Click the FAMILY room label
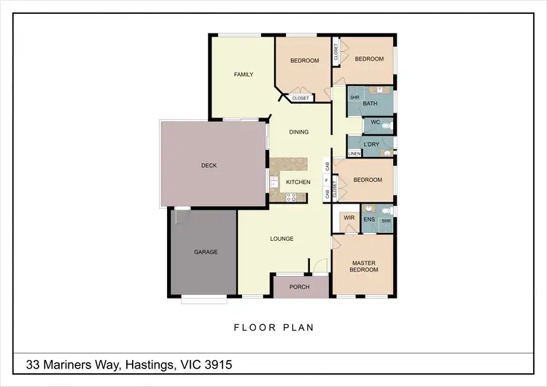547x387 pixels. pyautogui.click(x=243, y=74)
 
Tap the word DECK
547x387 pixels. pyautogui.click(x=209, y=166)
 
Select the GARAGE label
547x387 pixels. pyautogui.click(x=206, y=252)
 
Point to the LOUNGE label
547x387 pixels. pyautogui.click(x=282, y=239)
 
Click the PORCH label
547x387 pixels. pyautogui.click(x=299, y=287)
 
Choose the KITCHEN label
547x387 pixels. pyautogui.click(x=298, y=182)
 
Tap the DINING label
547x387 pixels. pyautogui.click(x=298, y=132)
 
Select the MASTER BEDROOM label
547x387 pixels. pyautogui.click(x=364, y=267)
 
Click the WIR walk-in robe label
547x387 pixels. pyautogui.click(x=349, y=217)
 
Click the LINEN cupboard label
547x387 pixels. pyautogui.click(x=354, y=154)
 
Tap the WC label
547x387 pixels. pyautogui.click(x=375, y=123)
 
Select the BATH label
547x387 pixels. pyautogui.click(x=370, y=104)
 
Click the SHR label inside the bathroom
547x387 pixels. pyautogui.click(x=354, y=97)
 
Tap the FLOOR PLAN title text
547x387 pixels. pyautogui.click(x=273, y=327)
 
